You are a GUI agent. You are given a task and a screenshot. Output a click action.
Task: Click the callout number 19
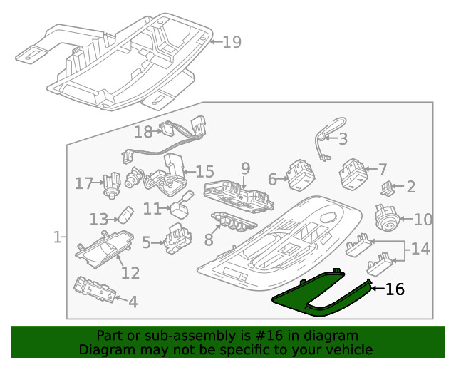tap(232, 42)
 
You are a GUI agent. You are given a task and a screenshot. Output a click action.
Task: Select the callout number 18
tap(143, 132)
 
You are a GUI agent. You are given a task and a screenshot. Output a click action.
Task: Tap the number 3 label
tap(343, 139)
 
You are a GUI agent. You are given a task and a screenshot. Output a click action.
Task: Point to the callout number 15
tap(204, 171)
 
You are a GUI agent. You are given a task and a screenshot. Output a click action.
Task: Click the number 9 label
tap(245, 168)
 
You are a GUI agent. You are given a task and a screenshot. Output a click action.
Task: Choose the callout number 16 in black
tap(395, 289)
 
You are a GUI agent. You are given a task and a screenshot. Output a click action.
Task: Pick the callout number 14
tap(421, 249)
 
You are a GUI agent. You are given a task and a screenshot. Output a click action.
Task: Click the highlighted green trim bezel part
tap(313, 299)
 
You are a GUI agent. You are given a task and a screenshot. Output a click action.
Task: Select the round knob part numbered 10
tap(388, 218)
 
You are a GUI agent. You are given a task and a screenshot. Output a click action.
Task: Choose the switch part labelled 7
tap(353, 173)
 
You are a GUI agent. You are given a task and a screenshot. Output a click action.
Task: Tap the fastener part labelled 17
tap(111, 184)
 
